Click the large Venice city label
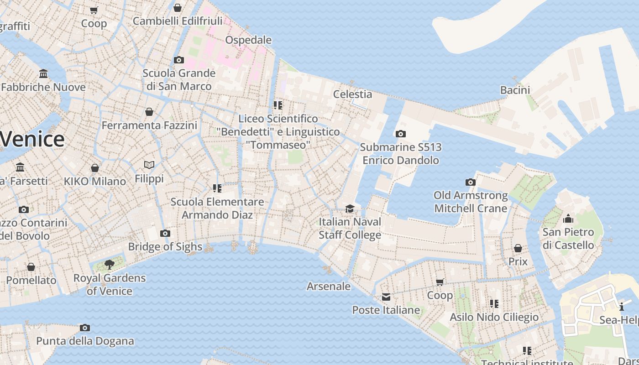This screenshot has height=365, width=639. pyautogui.click(x=32, y=139)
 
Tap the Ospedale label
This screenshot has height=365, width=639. pyautogui.click(x=248, y=40)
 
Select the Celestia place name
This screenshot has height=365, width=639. pyautogui.click(x=352, y=94)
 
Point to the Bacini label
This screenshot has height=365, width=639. pyautogui.click(x=515, y=90)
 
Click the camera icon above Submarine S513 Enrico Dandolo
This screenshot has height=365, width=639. pyautogui.click(x=400, y=134)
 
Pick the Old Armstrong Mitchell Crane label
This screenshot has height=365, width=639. pyautogui.click(x=471, y=202)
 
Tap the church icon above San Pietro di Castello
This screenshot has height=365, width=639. pyautogui.click(x=568, y=219)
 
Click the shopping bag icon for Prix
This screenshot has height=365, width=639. pyautogui.click(x=518, y=248)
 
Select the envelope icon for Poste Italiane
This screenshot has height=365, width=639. pyautogui.click(x=386, y=297)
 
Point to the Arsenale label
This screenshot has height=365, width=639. pyautogui.click(x=329, y=287)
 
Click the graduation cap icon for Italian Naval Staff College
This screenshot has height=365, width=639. pyautogui.click(x=350, y=209)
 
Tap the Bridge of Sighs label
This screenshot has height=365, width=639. pyautogui.click(x=165, y=247)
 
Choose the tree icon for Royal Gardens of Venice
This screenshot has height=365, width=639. pyautogui.click(x=109, y=264)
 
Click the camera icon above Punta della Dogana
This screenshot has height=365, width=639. pyautogui.click(x=85, y=328)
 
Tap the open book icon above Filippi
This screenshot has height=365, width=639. pyautogui.click(x=149, y=165)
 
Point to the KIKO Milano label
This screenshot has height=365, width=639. pyautogui.click(x=95, y=181)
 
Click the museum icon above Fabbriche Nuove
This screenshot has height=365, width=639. pyautogui.click(x=43, y=73)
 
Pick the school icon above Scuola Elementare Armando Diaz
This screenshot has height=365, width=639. pyautogui.click(x=217, y=188)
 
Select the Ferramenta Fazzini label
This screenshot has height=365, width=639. pyautogui.click(x=149, y=125)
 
